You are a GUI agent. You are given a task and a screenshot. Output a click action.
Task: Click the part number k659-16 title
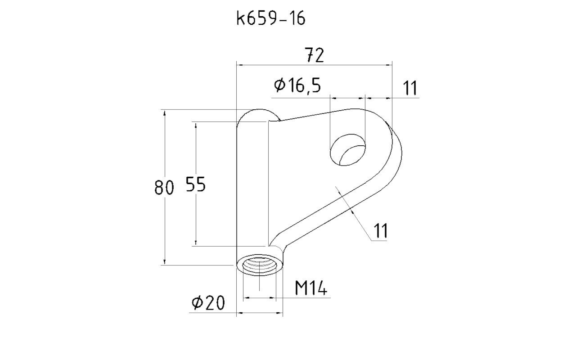point(271,18)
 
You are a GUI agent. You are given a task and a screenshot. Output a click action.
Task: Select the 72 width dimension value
point(314,55)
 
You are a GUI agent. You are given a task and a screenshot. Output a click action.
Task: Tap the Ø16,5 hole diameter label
point(297,85)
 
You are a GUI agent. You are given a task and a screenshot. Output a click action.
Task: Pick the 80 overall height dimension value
point(164,187)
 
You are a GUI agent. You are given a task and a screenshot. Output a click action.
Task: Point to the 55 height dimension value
point(196,184)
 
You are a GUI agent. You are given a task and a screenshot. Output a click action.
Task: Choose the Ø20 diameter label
point(208,302)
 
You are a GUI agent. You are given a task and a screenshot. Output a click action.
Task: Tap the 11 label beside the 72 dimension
point(409,88)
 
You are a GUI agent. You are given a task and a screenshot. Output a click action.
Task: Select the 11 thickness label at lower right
point(380,231)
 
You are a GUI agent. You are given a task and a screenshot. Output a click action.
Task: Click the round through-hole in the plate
point(348,150)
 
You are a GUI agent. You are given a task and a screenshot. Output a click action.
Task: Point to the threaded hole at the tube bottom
point(259,266)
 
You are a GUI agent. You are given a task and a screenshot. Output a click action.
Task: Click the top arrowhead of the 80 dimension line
point(165,113)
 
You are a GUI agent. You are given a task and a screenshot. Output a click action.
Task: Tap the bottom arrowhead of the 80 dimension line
point(165,262)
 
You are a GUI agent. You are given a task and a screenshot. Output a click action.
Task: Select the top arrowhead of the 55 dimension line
point(196,125)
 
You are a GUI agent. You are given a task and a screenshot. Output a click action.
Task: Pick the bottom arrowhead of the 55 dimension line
point(196,243)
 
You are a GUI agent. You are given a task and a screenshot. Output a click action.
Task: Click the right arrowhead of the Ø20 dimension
point(279,313)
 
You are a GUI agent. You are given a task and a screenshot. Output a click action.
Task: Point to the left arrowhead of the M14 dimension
point(246,298)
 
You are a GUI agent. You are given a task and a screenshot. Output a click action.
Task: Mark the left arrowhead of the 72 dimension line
point(240,65)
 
